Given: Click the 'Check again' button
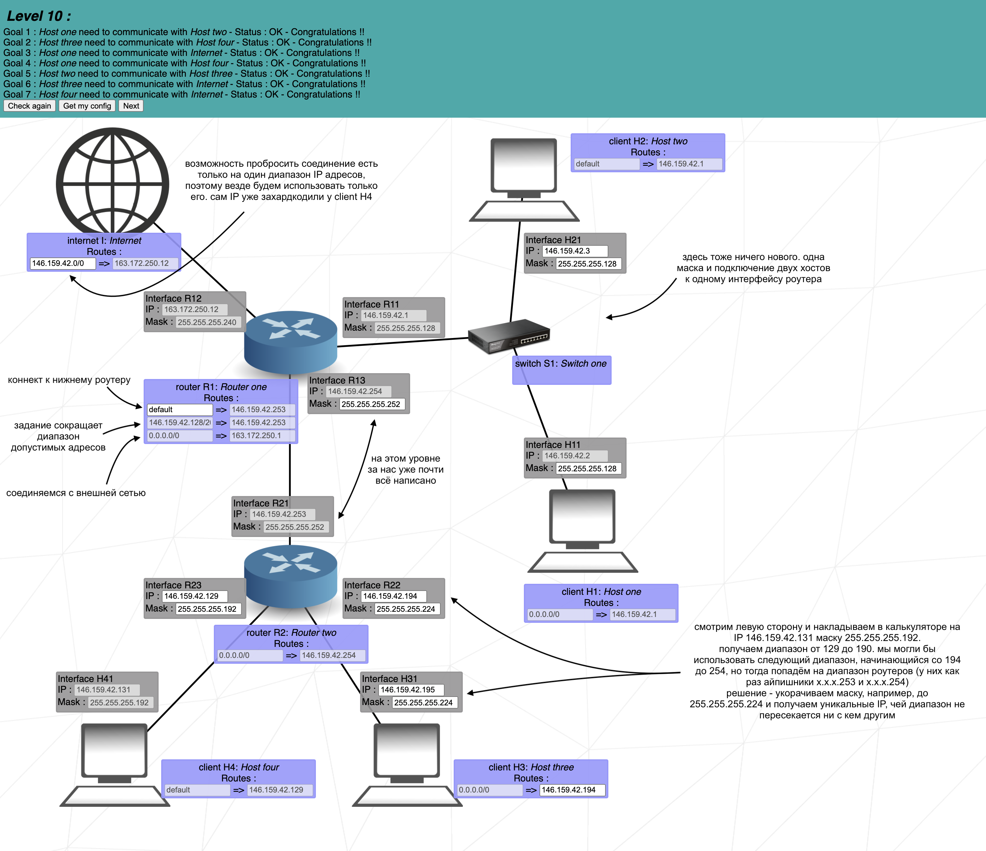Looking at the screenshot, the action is pyautogui.click(x=30, y=106).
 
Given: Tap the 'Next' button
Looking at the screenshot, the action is pyautogui.click(x=131, y=106).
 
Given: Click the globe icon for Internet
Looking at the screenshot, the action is pyautogui.click(x=112, y=183).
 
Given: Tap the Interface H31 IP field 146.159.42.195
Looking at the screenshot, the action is pyautogui.click(x=411, y=690).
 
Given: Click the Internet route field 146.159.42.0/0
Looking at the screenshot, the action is pyautogui.click(x=63, y=263).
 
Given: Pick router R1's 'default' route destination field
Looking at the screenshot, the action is pyautogui.click(x=179, y=409).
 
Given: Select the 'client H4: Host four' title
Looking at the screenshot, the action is pyautogui.click(x=239, y=767).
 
